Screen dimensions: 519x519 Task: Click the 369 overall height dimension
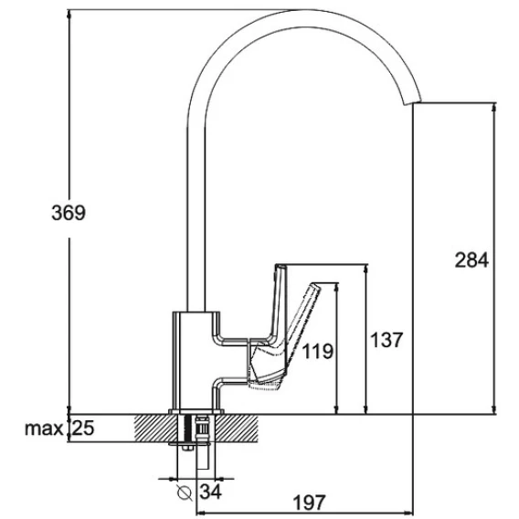(69, 213)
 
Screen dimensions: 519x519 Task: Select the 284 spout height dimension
(471, 259)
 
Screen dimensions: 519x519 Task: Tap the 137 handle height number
(387, 340)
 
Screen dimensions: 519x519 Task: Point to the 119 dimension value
(318, 351)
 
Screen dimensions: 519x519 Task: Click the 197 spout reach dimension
(310, 503)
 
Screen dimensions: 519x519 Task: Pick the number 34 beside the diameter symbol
(210, 492)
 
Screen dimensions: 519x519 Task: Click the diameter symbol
(185, 493)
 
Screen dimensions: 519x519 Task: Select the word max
(44, 429)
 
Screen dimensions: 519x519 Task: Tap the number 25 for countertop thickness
(83, 428)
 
